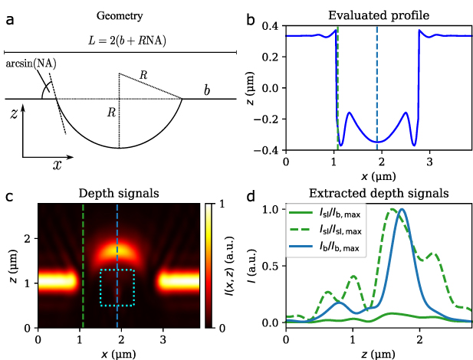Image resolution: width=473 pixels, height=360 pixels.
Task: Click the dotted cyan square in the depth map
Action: (117, 287)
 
